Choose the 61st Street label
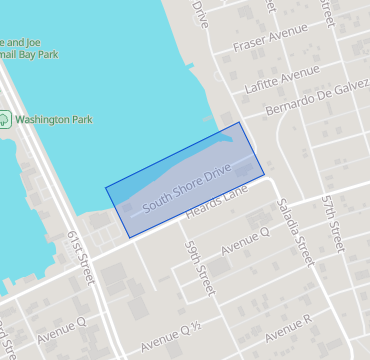pos(80,254)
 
